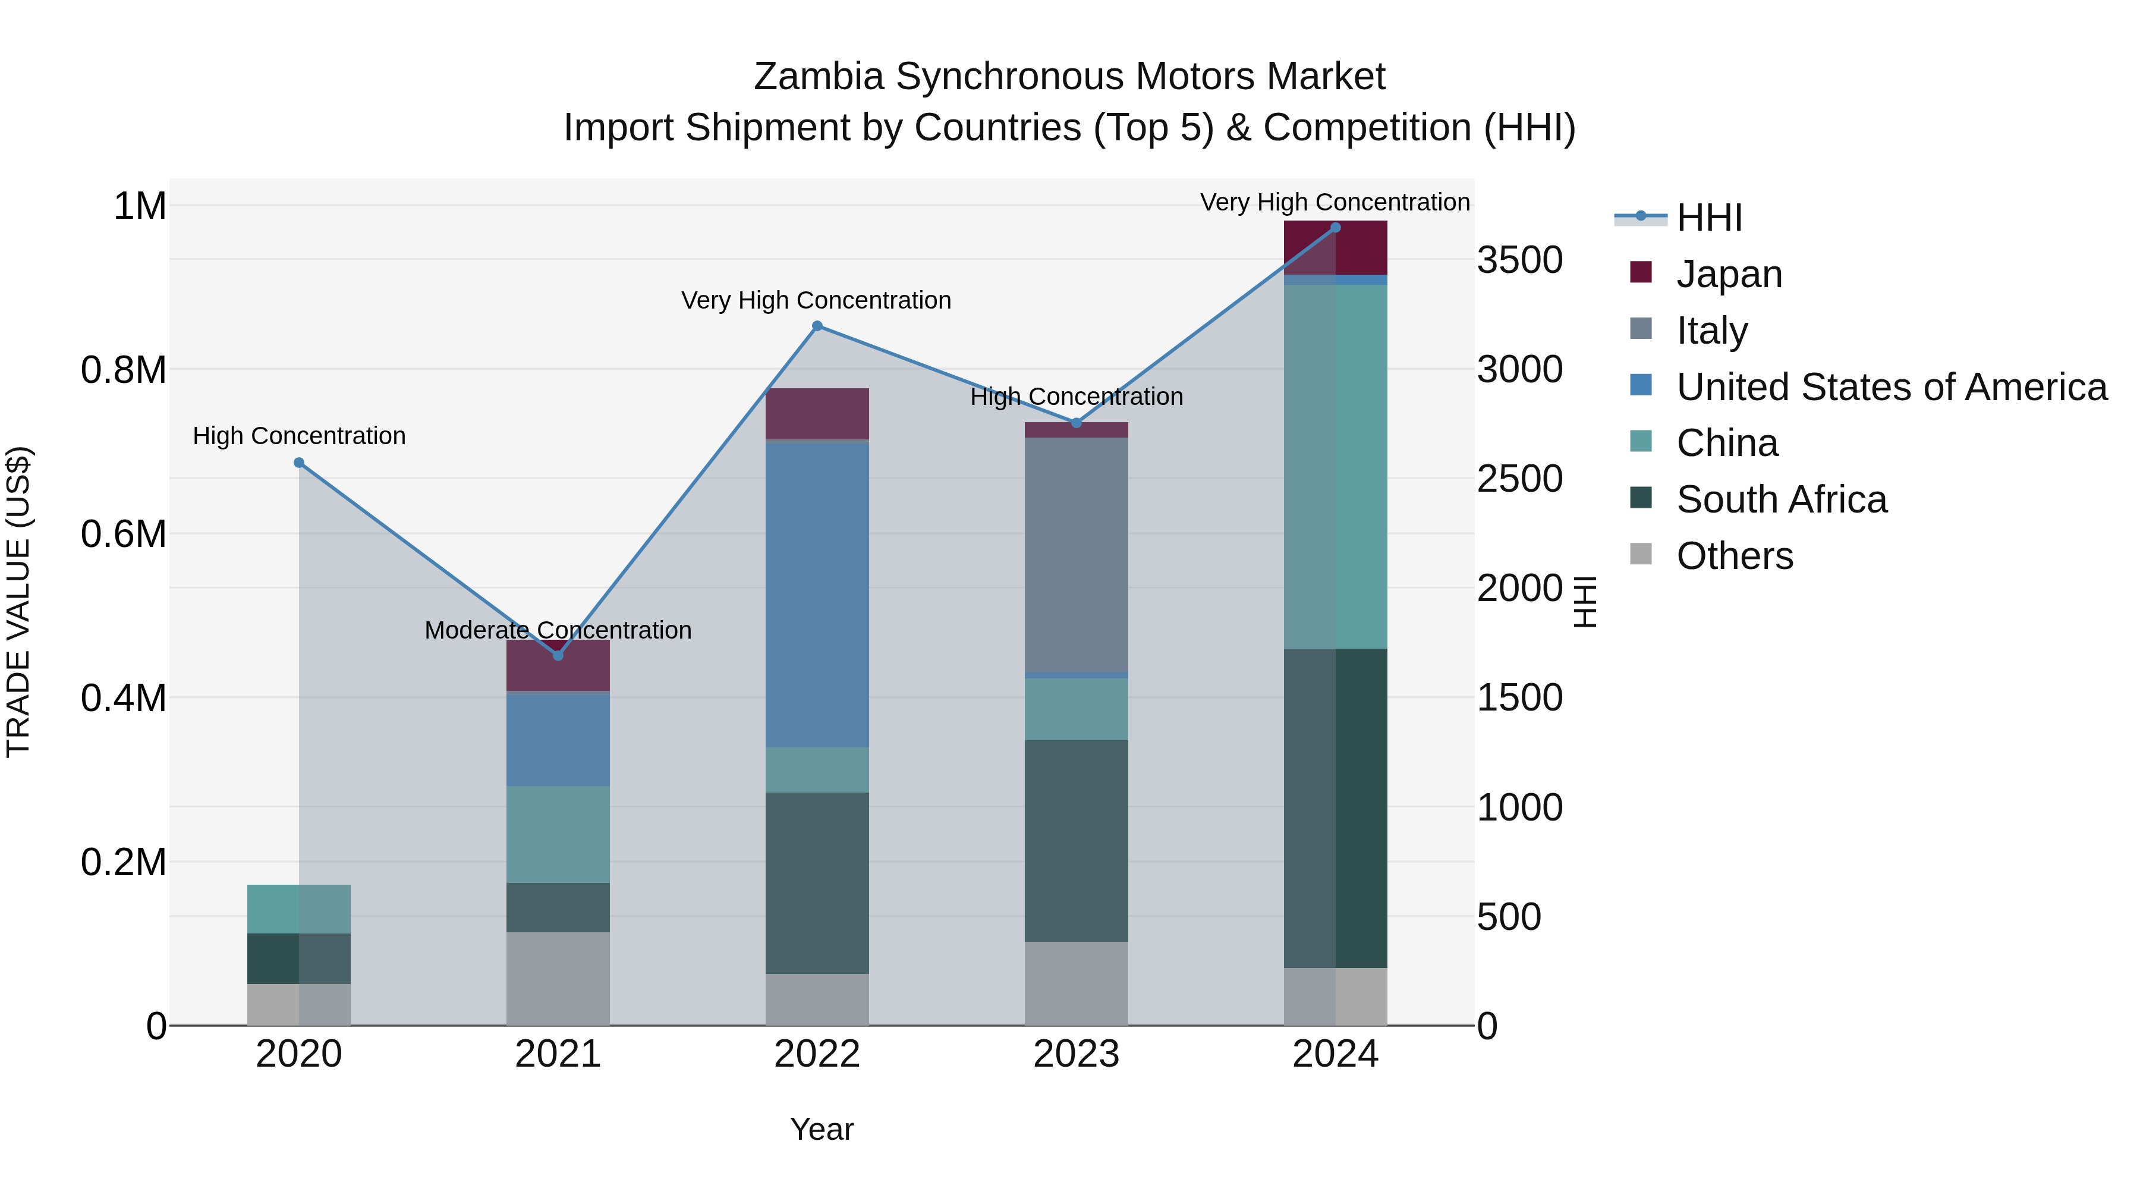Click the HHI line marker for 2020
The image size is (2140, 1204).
299,463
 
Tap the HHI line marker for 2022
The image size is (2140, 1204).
817,326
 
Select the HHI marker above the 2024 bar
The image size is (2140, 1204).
1336,228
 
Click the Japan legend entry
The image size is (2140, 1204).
1729,274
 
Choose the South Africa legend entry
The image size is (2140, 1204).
1781,500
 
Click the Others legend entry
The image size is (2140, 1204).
1735,556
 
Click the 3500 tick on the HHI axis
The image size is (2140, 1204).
1519,260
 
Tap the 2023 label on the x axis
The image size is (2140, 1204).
1076,1054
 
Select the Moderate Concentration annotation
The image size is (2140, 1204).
558,630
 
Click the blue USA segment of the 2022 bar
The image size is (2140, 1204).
817,594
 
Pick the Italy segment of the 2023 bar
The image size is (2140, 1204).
1076,554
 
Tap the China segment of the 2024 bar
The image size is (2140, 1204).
1336,466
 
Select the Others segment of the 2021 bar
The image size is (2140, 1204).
558,978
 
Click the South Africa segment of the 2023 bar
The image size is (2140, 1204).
1076,840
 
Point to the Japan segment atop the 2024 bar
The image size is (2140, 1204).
1336,247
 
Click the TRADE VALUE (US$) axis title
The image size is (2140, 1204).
18,602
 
